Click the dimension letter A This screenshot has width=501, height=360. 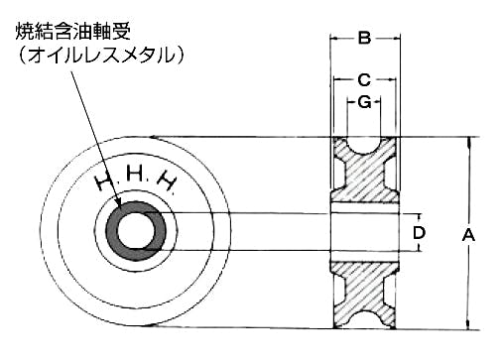point(468,236)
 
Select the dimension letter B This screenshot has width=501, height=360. point(364,39)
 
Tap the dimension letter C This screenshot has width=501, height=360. point(364,80)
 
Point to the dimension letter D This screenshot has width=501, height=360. point(419,233)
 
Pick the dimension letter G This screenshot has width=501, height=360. point(364,102)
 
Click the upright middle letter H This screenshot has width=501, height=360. point(135,174)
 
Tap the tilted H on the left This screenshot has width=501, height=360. point(103,182)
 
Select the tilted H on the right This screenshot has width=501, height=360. point(167,181)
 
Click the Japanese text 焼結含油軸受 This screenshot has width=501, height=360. point(73,32)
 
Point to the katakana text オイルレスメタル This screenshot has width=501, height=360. point(101,55)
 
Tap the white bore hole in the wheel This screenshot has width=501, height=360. point(136,231)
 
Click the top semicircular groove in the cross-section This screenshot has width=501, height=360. point(364,146)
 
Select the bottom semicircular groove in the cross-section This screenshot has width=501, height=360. point(364,320)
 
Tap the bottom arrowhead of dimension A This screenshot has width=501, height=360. point(468,324)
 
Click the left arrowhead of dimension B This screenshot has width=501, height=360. point(335,39)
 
